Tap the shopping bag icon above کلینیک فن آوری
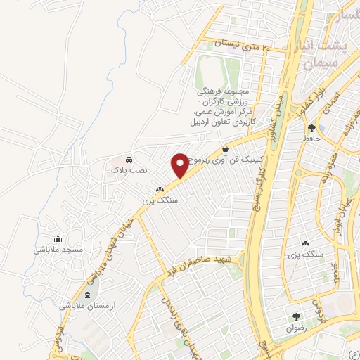[225, 148]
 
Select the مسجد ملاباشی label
[58, 249]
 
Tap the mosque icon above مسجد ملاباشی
[58, 238]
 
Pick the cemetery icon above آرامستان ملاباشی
[87, 294]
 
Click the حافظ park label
[311, 138]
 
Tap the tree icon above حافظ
[311, 127]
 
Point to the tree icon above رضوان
[296, 316]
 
